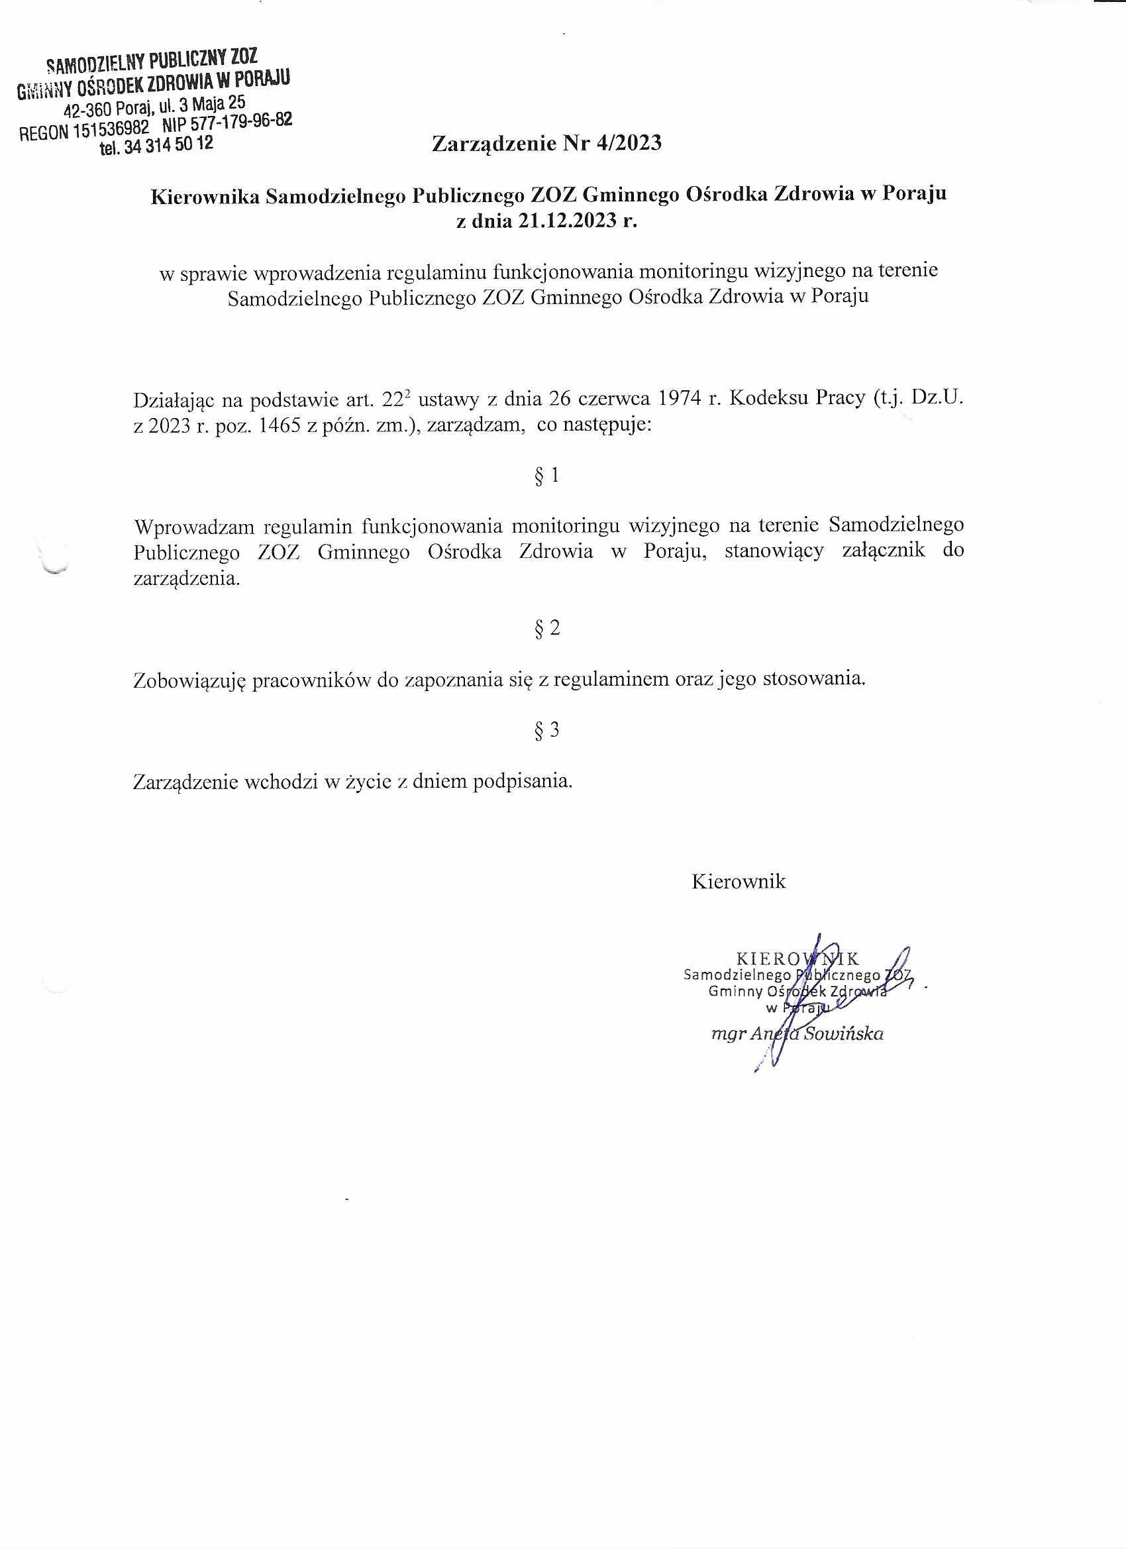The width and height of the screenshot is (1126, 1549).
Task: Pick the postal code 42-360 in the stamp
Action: (87, 110)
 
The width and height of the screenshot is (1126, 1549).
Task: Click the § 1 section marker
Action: (547, 476)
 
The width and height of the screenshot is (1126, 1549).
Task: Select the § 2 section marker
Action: (547, 628)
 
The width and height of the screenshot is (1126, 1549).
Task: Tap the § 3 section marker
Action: (547, 731)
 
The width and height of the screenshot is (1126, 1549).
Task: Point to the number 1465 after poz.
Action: (282, 426)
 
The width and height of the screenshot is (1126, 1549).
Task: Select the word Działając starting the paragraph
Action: (176, 400)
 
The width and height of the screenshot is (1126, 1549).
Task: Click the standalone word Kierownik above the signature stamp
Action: (739, 882)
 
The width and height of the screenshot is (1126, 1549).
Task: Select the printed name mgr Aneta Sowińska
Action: (797, 1034)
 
